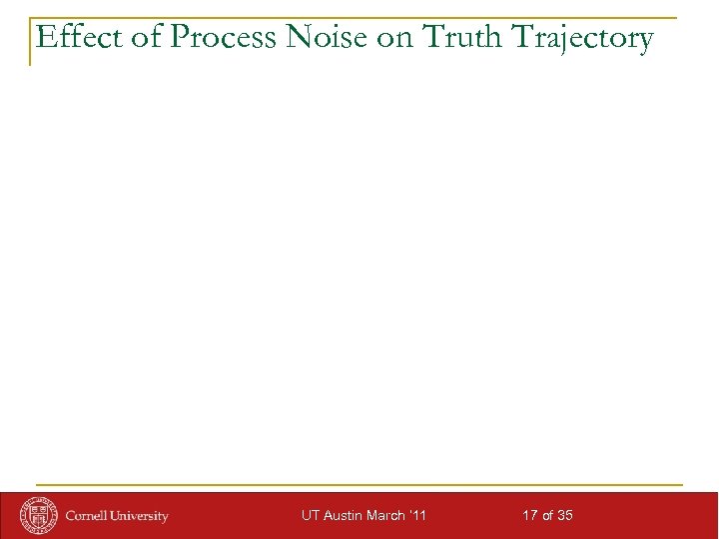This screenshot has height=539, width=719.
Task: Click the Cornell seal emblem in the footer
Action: coord(40,515)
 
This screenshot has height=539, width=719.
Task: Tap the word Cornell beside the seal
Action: coord(89,516)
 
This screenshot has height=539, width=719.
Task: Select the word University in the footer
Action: coord(141,516)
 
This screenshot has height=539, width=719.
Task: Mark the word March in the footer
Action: coord(389,516)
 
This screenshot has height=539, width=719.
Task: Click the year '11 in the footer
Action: coord(419,516)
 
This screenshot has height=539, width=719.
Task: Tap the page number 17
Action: coord(530,516)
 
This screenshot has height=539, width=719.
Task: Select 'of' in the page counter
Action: coord(548,516)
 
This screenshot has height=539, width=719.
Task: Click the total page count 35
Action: coord(565,516)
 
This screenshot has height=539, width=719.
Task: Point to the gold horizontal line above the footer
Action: coord(359,485)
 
